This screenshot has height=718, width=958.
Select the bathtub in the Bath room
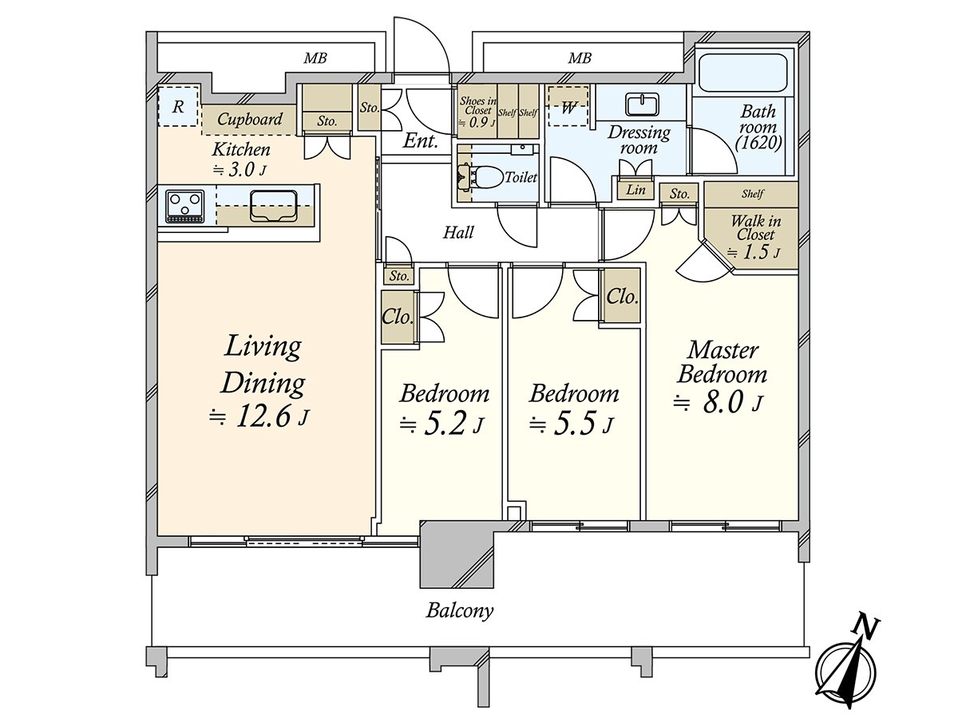coord(743,74)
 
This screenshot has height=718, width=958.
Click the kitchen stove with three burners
coord(185,205)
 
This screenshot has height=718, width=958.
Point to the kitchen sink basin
coord(273,207)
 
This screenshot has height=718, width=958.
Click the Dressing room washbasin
coord(639,105)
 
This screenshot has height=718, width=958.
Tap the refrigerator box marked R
coord(178,106)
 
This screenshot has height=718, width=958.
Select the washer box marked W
coord(568,108)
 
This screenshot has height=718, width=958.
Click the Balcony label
coord(459,612)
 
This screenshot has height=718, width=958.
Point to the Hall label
coord(458,233)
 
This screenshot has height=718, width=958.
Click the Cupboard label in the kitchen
coord(250,120)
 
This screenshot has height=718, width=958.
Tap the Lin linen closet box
coord(635,190)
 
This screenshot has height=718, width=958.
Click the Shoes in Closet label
coord(477,106)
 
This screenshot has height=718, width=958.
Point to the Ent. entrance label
coord(420,143)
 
